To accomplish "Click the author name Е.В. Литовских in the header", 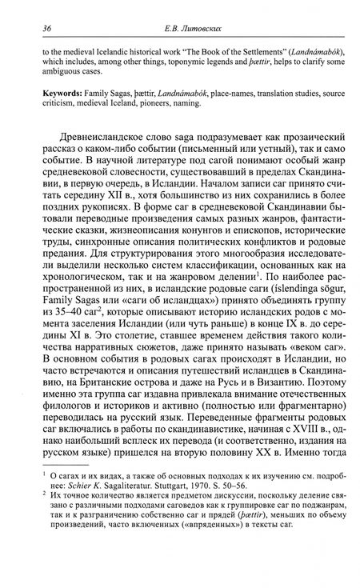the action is tap(183, 29).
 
